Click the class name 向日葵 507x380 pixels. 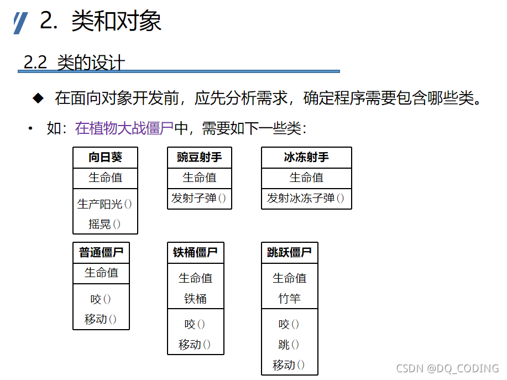(105, 157)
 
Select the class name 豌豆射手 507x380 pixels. (199, 157)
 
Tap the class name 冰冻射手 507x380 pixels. (306, 157)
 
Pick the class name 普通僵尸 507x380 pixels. (101, 253)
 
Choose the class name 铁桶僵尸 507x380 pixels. (195, 253)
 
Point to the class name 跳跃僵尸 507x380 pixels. (289, 253)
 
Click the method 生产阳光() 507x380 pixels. (105, 204)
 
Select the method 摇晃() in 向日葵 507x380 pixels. (105, 224)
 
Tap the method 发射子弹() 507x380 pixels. (199, 198)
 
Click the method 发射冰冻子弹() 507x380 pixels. (306, 198)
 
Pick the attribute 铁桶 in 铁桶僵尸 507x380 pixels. (195, 299)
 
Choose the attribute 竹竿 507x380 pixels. (289, 299)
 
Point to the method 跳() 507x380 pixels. (289, 345)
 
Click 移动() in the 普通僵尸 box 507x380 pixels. (101, 319)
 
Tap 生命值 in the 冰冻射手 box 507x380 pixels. (306, 178)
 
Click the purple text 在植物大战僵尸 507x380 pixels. (124, 129)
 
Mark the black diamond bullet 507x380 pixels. (38, 98)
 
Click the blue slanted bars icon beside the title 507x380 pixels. (21, 23)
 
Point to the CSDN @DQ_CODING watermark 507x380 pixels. (448, 368)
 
